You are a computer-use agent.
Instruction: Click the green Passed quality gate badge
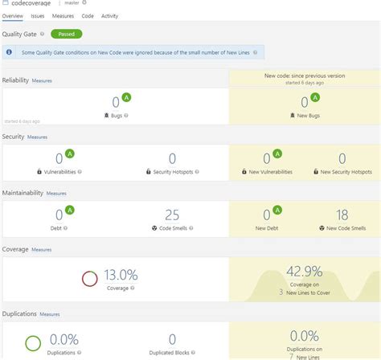(66, 34)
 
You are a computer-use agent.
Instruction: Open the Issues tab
(38, 15)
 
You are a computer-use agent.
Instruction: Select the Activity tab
(109, 15)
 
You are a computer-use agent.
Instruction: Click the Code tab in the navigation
(88, 15)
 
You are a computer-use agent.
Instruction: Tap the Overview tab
(12, 15)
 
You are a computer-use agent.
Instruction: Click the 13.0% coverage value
(121, 275)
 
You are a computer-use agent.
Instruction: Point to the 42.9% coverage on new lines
(305, 272)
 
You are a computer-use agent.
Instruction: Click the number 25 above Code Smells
(172, 215)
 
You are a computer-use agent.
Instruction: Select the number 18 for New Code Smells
(342, 215)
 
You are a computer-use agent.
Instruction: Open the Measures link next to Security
(37, 137)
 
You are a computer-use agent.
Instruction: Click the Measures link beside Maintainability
(56, 193)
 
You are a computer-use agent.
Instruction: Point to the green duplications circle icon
(33, 342)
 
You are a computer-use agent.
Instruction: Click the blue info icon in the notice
(9, 52)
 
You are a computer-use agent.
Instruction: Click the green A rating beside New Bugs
(315, 97)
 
